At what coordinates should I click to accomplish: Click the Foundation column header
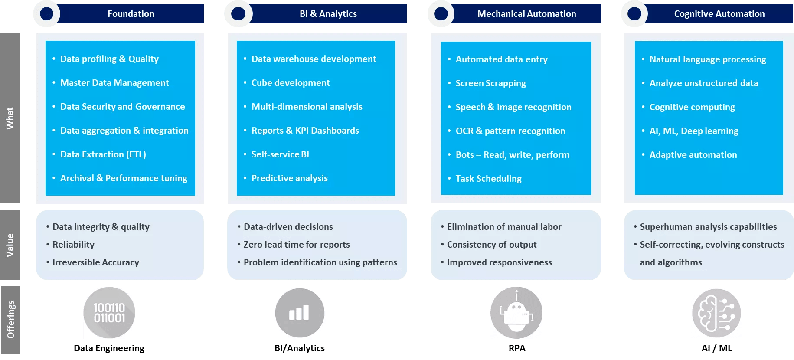(131, 14)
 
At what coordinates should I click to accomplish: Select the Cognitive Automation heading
(719, 14)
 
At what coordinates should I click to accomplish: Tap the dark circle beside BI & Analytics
(238, 14)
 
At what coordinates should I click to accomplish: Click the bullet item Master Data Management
(114, 83)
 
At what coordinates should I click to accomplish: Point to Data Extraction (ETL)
(103, 154)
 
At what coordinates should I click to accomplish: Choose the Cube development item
(291, 83)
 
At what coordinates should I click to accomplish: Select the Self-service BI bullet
(280, 154)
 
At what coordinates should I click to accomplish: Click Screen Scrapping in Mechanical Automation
(490, 83)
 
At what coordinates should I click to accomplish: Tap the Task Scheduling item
(488, 179)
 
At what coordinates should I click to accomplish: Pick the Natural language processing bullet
(707, 59)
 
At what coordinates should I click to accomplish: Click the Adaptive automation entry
(693, 155)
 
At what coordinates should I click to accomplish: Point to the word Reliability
(73, 245)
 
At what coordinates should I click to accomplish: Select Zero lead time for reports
(297, 245)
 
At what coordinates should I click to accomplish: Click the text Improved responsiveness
(499, 262)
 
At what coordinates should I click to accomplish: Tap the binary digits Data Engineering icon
(109, 313)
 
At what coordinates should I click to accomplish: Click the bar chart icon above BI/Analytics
(300, 313)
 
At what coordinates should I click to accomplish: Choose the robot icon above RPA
(516, 313)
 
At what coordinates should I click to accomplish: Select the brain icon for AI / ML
(716, 313)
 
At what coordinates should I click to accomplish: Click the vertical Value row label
(10, 245)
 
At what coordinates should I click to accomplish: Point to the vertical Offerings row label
(10, 320)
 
